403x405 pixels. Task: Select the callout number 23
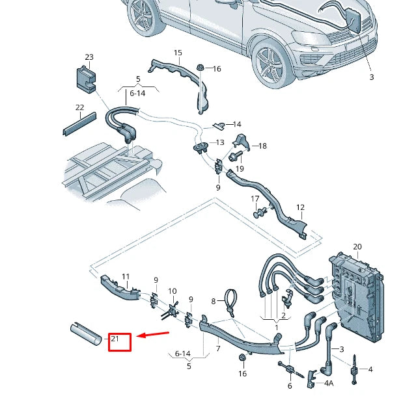(x=89, y=58)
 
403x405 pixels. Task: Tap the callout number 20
(x=357, y=246)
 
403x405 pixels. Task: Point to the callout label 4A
(x=329, y=384)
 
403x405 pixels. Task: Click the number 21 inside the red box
(x=115, y=339)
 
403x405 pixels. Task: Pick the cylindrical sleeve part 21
(x=85, y=333)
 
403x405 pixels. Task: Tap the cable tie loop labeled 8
(x=230, y=300)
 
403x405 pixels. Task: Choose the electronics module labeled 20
(x=354, y=296)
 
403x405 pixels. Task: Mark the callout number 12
(x=300, y=207)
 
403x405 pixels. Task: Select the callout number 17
(x=255, y=199)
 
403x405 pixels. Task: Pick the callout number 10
(x=173, y=291)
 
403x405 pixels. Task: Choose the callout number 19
(x=240, y=168)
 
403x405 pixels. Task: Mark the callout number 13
(x=219, y=142)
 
